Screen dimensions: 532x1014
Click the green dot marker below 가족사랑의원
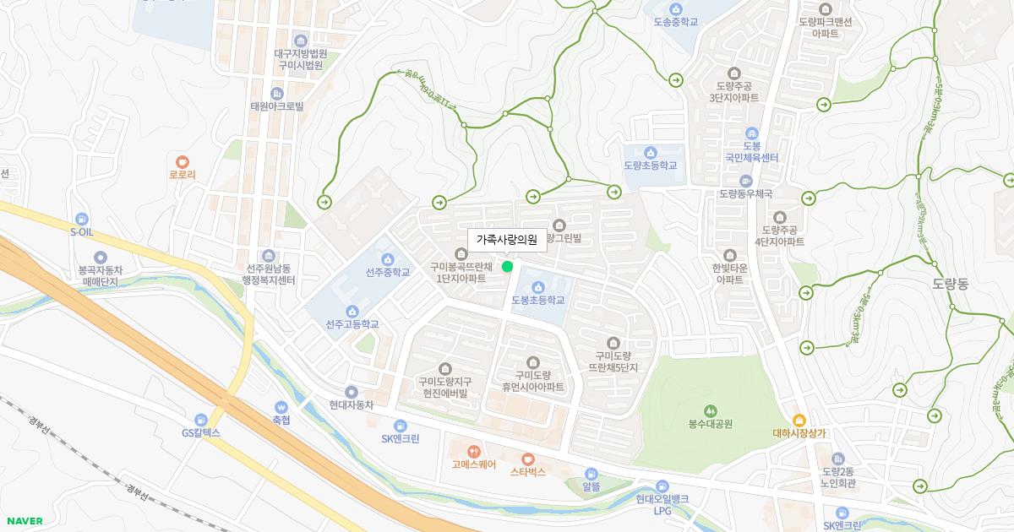(507, 267)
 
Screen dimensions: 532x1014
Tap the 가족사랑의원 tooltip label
(507, 240)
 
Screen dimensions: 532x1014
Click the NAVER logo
(25, 521)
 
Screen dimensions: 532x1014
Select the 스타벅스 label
(528, 472)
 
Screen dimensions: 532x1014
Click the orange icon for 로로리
(183, 161)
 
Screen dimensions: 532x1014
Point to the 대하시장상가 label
(799, 433)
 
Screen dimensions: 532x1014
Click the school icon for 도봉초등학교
(537, 285)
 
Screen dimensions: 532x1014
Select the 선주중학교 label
(388, 273)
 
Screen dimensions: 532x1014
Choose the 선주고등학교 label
(352, 324)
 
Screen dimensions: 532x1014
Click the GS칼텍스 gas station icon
(201, 420)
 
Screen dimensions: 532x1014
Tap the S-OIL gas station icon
(81, 219)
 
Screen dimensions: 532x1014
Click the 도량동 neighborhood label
(951, 284)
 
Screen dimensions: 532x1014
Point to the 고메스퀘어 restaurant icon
(473, 451)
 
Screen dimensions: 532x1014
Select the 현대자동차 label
(352, 404)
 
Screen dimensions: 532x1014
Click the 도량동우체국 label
(745, 193)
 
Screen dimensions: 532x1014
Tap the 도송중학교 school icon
(676, 8)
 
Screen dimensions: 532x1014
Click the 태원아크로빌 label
(277, 106)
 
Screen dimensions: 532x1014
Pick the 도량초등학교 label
(651, 166)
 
